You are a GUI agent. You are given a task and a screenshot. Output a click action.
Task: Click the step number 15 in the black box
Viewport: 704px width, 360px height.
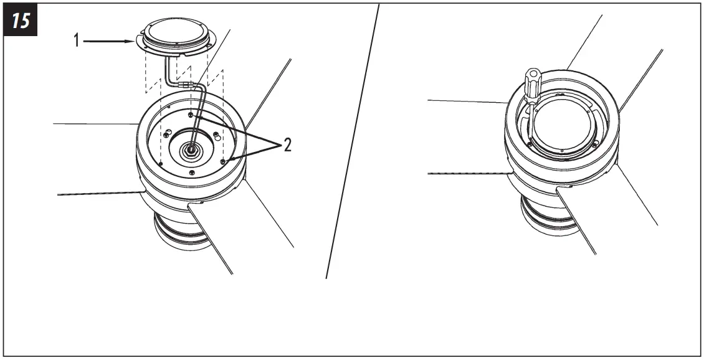coord(21,21)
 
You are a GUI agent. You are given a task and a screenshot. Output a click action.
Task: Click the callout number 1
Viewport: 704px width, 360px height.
coord(77,41)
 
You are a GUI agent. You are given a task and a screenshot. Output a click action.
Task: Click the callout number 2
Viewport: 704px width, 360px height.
coord(287,145)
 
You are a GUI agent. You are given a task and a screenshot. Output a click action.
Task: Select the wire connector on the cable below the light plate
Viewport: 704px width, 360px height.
coord(186,84)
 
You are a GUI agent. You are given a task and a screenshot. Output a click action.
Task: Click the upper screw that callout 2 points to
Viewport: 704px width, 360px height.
coord(191,115)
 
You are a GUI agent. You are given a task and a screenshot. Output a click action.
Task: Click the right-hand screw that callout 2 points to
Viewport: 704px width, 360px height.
coord(222,161)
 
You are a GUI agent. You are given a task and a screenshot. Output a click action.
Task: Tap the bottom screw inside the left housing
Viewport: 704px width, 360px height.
coord(192,173)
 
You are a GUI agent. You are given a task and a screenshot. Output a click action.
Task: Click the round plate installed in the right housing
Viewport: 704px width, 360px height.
coord(563,128)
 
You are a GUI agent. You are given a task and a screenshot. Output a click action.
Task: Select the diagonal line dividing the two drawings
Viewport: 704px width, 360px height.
coord(353,141)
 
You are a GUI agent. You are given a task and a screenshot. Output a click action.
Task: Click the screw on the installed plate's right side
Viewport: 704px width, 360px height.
coord(596,144)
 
